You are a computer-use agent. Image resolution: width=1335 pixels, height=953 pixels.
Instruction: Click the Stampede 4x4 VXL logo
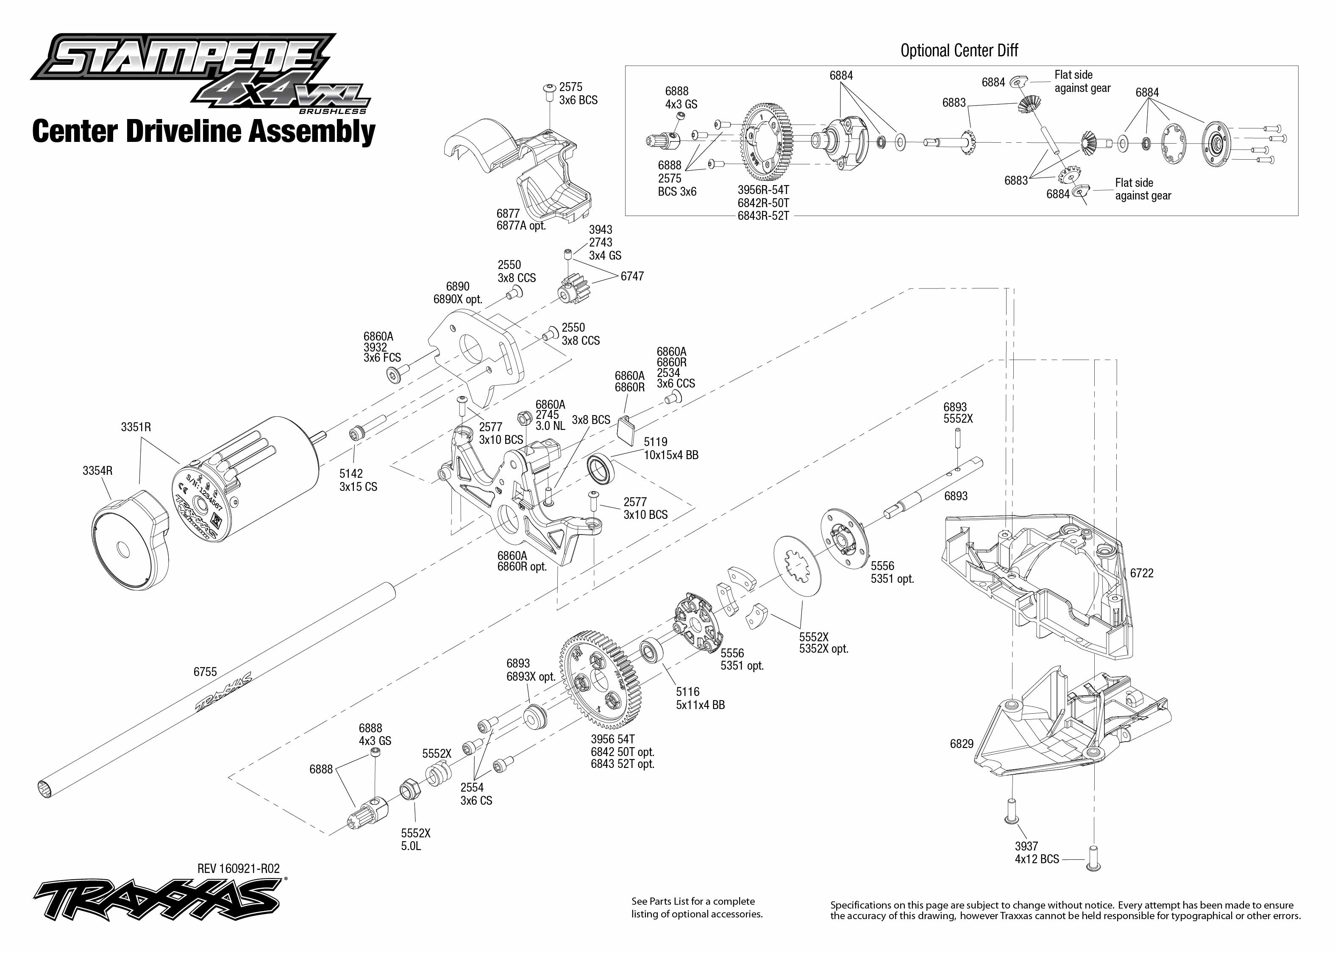(x=200, y=73)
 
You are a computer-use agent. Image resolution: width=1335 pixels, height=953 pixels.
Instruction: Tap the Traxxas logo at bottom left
(x=159, y=898)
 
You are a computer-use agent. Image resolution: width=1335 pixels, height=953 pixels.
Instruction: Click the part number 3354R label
(x=97, y=471)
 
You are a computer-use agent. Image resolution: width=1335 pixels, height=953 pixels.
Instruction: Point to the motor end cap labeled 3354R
(x=131, y=546)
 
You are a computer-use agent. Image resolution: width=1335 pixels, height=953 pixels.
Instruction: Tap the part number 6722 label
(x=1141, y=573)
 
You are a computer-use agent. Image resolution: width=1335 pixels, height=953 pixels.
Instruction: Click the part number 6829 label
(x=962, y=744)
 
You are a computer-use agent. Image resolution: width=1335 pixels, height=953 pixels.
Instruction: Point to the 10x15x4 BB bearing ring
(x=600, y=468)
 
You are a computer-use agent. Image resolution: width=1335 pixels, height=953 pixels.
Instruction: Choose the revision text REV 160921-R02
(x=238, y=868)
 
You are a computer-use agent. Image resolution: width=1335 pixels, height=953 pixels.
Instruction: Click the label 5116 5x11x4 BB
(x=700, y=698)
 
